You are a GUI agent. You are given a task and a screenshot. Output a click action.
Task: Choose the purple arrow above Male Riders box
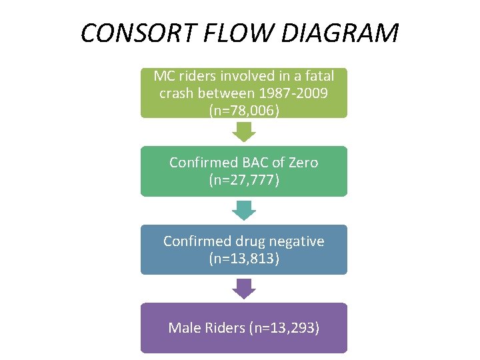[x=244, y=288]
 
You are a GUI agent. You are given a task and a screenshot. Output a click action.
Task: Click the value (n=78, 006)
[x=243, y=110]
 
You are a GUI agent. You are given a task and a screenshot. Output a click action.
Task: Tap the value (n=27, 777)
[x=243, y=179]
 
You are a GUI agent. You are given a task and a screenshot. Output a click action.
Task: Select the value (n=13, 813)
[x=243, y=258]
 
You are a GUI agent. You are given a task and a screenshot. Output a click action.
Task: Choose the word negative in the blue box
[x=296, y=241]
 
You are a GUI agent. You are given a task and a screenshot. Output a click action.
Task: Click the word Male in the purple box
[x=183, y=327]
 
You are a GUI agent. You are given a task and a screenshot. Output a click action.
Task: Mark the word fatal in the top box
[x=318, y=75]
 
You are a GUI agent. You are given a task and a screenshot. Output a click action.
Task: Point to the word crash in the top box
[x=177, y=93]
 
